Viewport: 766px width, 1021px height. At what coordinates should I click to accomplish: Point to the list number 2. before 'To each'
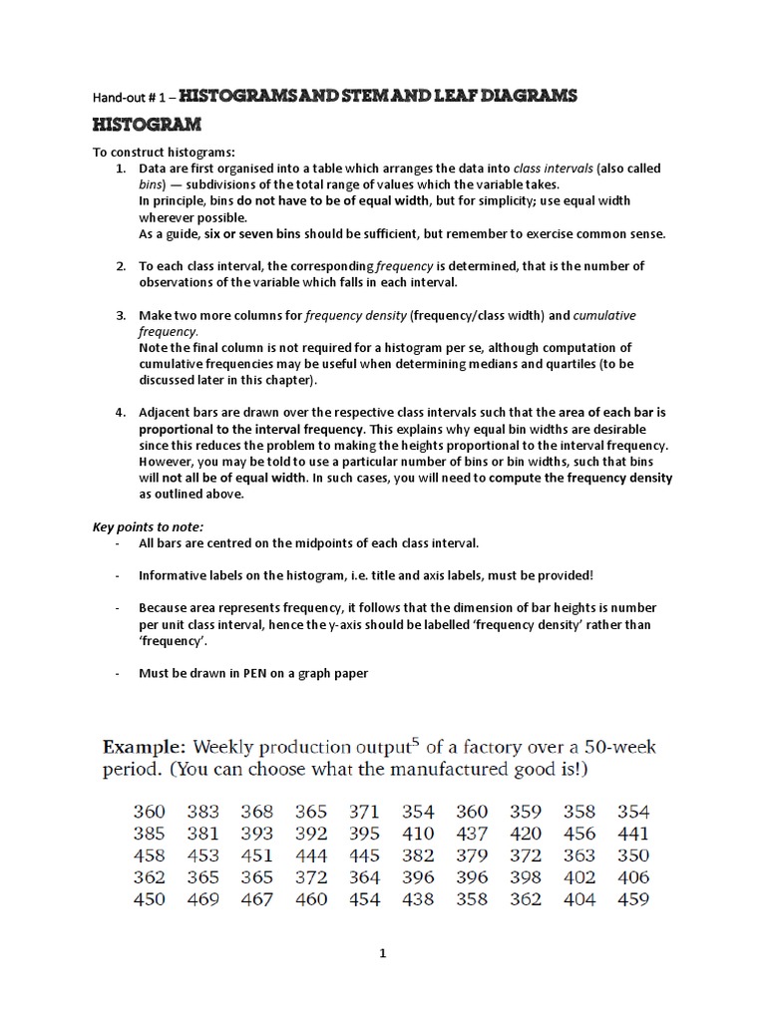coord(120,265)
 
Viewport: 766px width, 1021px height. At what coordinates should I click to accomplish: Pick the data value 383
coord(202,812)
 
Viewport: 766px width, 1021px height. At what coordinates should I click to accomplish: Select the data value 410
coord(418,834)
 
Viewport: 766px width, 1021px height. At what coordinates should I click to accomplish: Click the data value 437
coord(472,834)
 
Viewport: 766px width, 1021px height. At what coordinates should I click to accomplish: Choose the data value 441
coord(633,834)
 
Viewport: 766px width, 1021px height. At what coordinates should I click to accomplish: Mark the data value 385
coord(149,834)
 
